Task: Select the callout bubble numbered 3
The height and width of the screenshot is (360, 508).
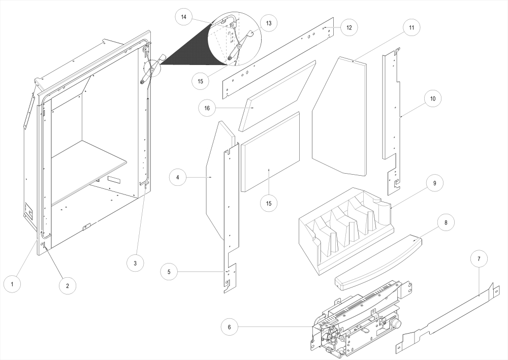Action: click(135, 263)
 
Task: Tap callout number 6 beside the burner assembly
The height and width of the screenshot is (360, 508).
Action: click(230, 327)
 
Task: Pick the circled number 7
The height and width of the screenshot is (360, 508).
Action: click(479, 258)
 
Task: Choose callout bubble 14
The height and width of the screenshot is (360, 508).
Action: click(183, 17)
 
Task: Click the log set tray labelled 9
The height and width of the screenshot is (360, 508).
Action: click(345, 228)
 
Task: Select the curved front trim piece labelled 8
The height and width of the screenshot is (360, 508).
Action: click(378, 260)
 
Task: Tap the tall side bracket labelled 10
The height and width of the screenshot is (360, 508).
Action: click(391, 122)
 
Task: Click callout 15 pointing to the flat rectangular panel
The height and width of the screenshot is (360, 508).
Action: click(269, 203)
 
